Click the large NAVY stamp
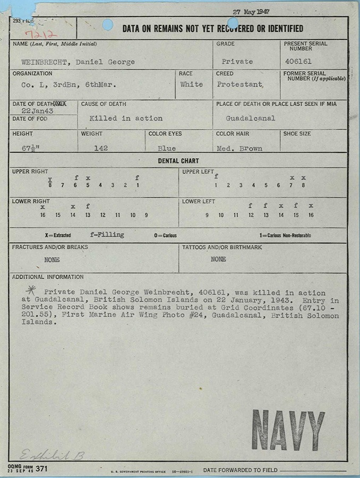click(x=288, y=429)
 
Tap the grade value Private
click(x=237, y=62)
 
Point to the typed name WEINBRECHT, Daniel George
click(x=74, y=62)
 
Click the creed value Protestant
click(x=239, y=84)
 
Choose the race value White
click(x=191, y=84)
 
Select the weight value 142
click(x=101, y=148)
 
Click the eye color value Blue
click(x=167, y=148)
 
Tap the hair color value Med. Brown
click(x=239, y=148)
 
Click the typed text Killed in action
click(x=126, y=118)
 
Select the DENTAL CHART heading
click(x=178, y=161)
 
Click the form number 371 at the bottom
click(x=42, y=468)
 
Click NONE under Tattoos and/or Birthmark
click(x=218, y=259)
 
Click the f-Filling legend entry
click(x=107, y=235)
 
